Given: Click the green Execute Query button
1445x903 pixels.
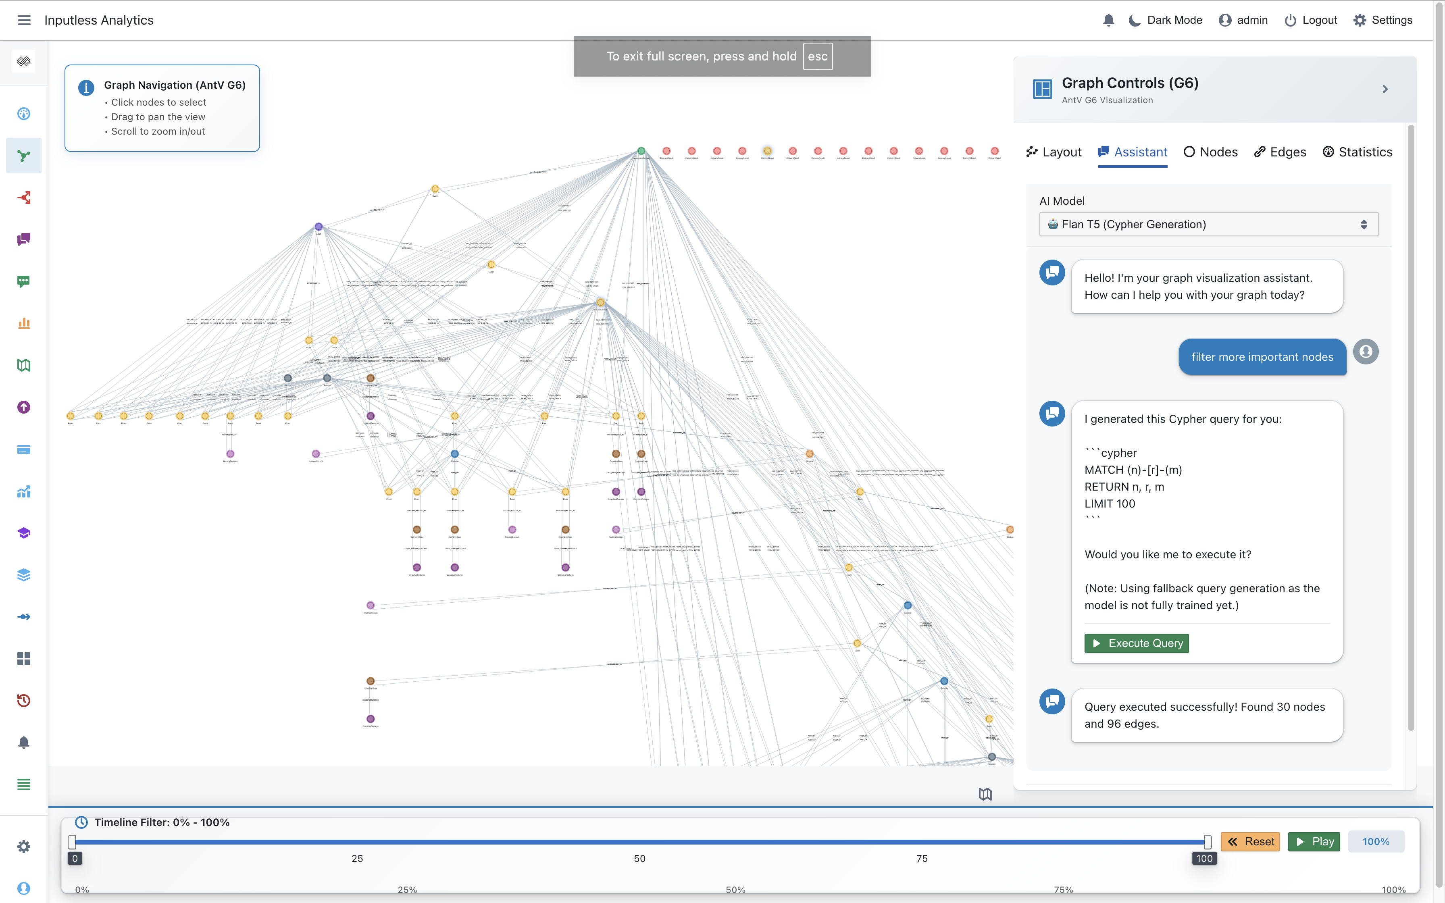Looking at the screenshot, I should click(x=1136, y=643).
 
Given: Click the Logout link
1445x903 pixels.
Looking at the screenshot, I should click(x=1311, y=20).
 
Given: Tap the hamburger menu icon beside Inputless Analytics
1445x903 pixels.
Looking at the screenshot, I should click(x=24, y=20).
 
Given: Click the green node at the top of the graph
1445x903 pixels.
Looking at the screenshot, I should click(x=641, y=151).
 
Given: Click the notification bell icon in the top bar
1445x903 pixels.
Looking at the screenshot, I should click(x=1108, y=20).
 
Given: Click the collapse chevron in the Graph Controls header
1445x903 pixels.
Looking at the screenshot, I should click(x=1385, y=89).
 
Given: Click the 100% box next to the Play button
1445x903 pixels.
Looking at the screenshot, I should click(x=1375, y=841).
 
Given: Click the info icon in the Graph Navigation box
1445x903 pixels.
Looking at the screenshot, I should click(x=86, y=88).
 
